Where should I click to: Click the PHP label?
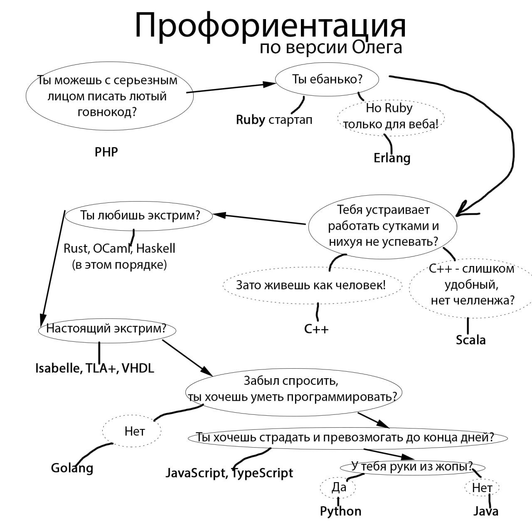106,152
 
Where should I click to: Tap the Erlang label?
392,158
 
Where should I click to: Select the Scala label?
470,340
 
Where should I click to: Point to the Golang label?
72,468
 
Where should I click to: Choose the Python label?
340,511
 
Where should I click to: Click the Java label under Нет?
485,511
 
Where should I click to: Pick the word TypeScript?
262,473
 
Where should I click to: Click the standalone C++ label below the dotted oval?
316,329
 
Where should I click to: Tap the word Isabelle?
58,368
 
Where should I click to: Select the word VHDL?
138,368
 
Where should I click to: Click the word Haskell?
155,249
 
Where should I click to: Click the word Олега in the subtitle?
377,47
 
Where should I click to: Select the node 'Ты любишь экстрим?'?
140,215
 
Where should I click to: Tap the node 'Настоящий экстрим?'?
106,329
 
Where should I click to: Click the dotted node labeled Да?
338,487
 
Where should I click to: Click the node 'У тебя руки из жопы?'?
412,466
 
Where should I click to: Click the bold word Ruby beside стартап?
250,120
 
